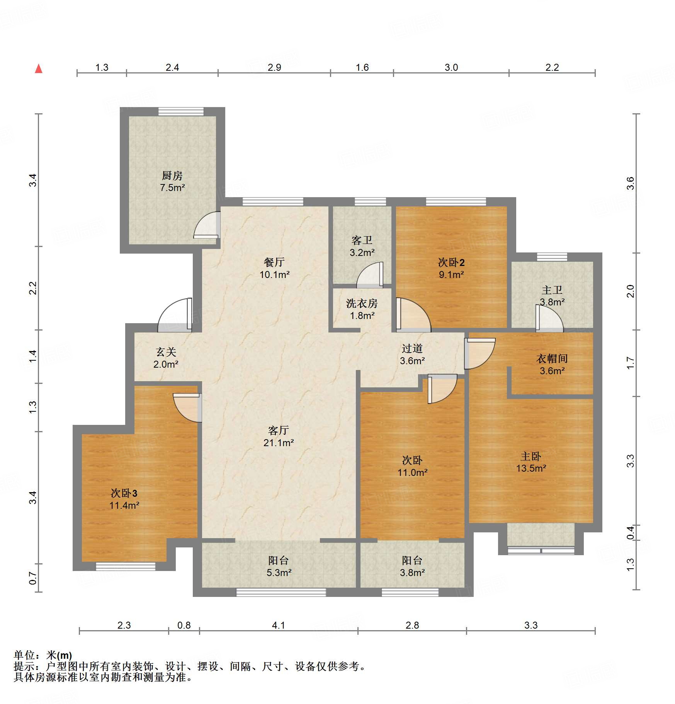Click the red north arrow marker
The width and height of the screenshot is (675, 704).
tap(39, 69)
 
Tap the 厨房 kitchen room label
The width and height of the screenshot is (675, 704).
tap(172, 176)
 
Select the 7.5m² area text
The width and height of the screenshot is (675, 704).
tap(172, 188)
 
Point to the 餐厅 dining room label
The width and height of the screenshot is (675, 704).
tap(274, 263)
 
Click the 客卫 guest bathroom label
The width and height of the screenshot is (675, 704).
tap(362, 240)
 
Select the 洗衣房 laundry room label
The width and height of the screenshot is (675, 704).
tap(362, 303)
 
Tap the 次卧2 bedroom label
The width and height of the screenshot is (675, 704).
tap(451, 263)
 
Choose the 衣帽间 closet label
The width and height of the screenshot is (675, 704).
tap(552, 359)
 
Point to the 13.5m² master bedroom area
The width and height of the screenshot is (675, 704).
tap(531, 469)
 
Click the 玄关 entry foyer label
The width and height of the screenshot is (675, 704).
tap(166, 352)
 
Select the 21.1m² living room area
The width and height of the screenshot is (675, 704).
tap(278, 443)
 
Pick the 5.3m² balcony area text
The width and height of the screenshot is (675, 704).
tap(279, 573)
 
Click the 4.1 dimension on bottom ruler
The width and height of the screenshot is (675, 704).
tap(278, 626)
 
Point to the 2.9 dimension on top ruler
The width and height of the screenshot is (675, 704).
tap(274, 68)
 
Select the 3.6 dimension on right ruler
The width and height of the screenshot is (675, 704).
tap(630, 183)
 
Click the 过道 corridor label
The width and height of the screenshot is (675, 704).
tap(412, 349)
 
